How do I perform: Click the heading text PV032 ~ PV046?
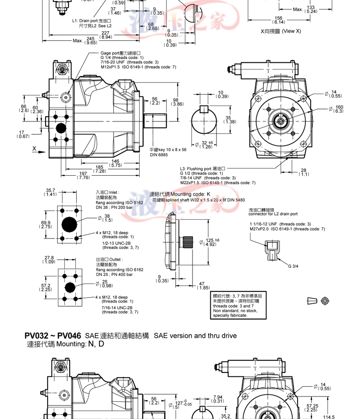(53, 335)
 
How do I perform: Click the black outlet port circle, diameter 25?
(70, 287)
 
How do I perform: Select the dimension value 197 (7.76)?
(84, 175)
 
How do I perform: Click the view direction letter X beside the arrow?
(34, 148)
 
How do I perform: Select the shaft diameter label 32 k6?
(206, 144)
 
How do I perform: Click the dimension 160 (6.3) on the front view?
(339, 109)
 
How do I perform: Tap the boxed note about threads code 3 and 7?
(238, 306)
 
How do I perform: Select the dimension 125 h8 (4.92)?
(212, 242)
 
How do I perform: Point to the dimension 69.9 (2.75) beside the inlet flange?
(46, 224)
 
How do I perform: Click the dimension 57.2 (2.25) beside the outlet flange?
(46, 287)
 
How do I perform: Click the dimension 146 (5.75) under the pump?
(115, 163)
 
